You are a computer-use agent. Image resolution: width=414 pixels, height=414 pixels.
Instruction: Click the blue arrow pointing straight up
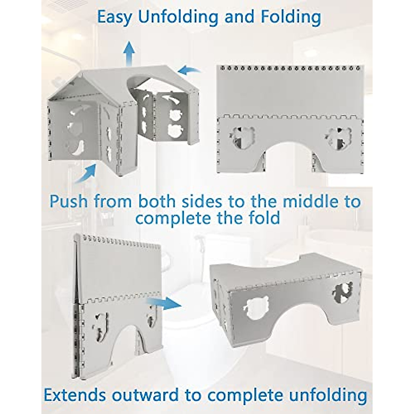coord(129,52)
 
